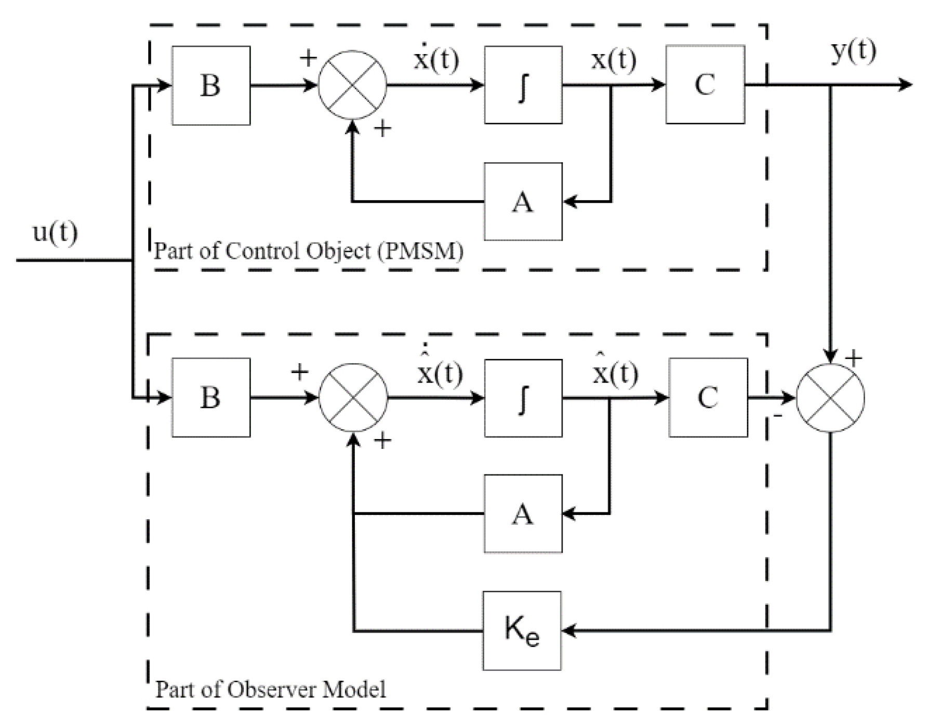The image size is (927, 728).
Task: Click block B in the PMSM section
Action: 211,86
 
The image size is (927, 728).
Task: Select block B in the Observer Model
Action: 211,398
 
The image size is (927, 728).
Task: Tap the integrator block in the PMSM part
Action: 523,85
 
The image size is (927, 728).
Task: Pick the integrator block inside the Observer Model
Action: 523,398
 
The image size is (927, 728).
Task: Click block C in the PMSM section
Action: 705,85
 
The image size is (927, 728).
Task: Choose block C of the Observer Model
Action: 708,398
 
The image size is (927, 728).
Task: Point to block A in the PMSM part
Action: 523,202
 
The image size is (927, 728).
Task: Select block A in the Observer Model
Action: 523,514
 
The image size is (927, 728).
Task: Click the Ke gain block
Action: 522,631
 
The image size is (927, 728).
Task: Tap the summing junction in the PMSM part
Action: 352,85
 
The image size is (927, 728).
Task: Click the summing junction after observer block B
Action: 353,398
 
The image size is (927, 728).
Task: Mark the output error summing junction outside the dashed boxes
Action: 830,398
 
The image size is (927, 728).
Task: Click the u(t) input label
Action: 55,232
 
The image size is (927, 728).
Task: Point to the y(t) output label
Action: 854,51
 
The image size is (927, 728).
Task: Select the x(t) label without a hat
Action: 614,59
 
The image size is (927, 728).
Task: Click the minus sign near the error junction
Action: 778,416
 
